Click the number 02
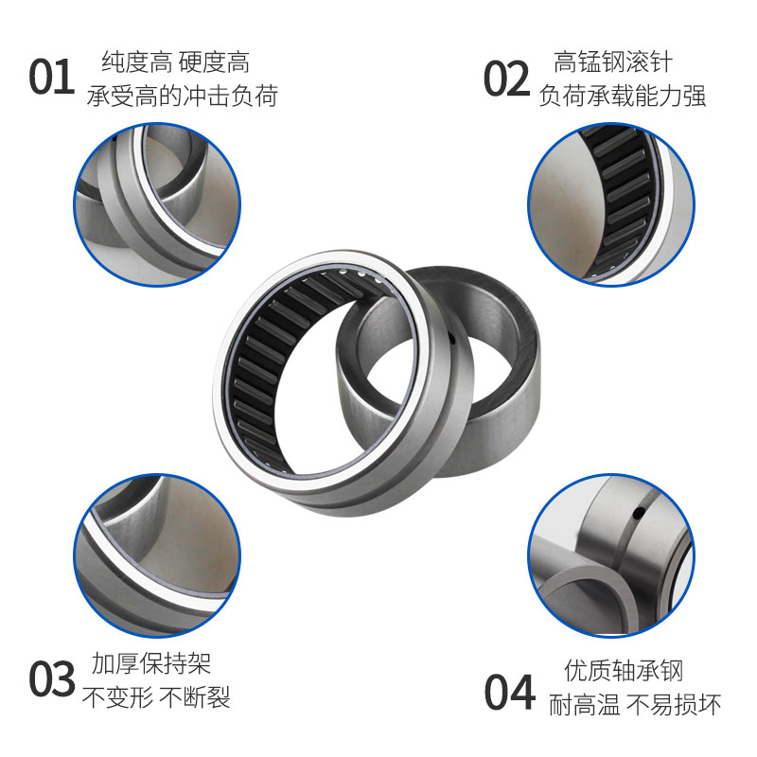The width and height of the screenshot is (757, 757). [x=507, y=79]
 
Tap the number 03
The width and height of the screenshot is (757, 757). [x=51, y=678]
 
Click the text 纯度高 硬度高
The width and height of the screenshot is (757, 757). [x=175, y=63]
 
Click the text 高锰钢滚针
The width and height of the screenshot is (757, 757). [x=613, y=63]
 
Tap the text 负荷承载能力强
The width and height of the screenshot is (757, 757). [x=622, y=96]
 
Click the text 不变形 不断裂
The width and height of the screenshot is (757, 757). [x=156, y=698]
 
